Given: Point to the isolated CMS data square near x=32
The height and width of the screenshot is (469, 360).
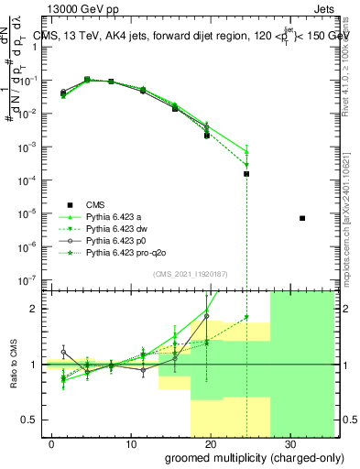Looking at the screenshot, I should pyautogui.click(x=302, y=218).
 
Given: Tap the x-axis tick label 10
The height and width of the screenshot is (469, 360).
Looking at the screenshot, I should pyautogui.click(x=131, y=443).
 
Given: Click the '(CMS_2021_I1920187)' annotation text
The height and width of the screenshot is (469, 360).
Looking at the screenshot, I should pyautogui.click(x=190, y=274).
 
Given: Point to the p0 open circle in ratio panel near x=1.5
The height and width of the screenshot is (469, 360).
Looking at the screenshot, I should pyautogui.click(x=63, y=352).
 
